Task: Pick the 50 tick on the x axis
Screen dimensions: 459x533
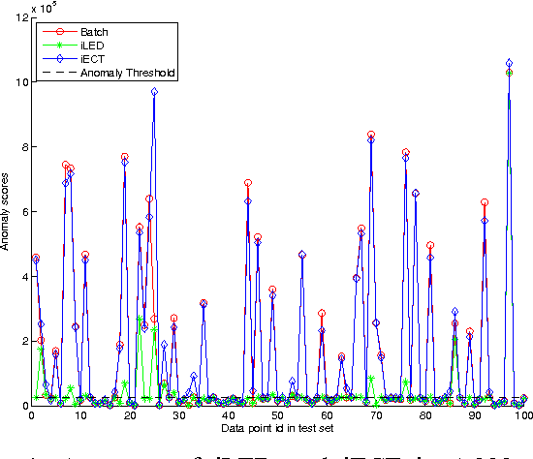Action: (x=278, y=416)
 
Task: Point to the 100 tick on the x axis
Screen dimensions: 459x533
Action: (x=523, y=416)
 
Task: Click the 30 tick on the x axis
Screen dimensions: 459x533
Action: (x=179, y=416)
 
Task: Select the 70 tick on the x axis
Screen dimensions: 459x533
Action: (x=376, y=416)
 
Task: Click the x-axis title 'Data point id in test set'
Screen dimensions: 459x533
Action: (x=277, y=427)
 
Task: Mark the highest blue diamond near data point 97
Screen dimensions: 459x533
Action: (x=510, y=63)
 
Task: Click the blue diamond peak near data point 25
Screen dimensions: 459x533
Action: (x=154, y=92)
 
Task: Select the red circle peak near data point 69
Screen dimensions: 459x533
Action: (x=371, y=135)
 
